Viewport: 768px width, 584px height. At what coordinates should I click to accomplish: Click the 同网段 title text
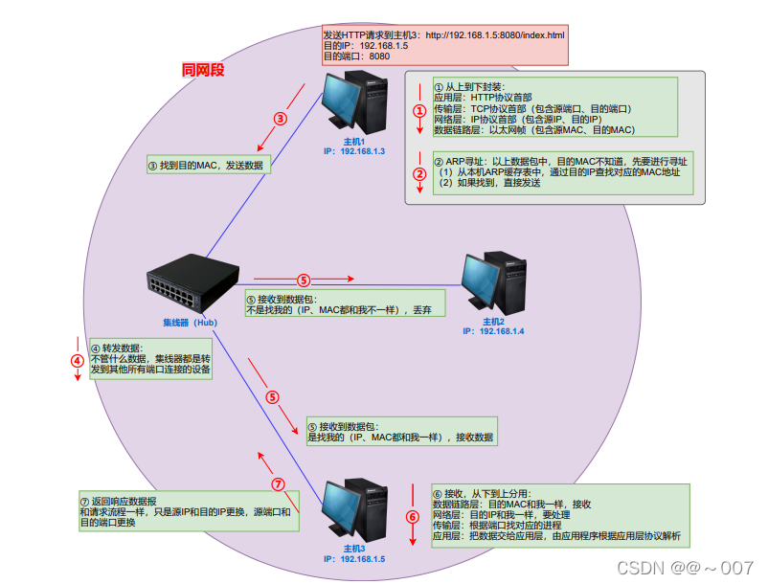pyautogui.click(x=203, y=70)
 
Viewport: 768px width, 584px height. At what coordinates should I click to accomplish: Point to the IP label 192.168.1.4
pyautogui.click(x=493, y=330)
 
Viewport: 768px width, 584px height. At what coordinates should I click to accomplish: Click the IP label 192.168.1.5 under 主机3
pyautogui.click(x=353, y=558)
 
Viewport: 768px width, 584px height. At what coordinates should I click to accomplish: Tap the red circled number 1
pyautogui.click(x=419, y=111)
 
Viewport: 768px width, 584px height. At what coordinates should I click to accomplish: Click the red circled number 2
pyautogui.click(x=419, y=174)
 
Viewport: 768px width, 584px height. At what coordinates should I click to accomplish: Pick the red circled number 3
pyautogui.click(x=280, y=120)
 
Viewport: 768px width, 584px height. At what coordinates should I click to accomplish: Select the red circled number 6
pyautogui.click(x=413, y=517)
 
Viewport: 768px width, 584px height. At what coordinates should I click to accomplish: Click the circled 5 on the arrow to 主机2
pyautogui.click(x=303, y=281)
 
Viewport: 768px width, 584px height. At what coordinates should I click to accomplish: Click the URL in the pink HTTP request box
pyautogui.click(x=495, y=35)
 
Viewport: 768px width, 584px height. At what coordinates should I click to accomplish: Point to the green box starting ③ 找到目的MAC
pyautogui.click(x=208, y=165)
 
